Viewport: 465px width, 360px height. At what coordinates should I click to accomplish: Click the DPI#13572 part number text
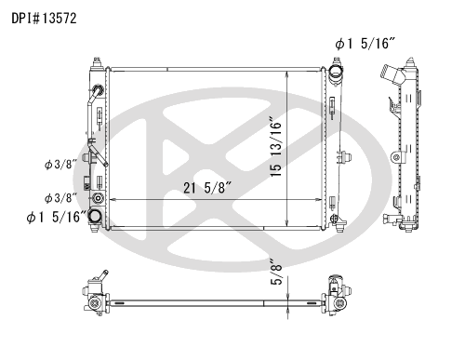[44, 19]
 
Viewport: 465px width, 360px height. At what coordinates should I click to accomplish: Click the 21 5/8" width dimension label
[207, 188]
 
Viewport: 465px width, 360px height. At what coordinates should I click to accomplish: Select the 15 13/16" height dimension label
[276, 147]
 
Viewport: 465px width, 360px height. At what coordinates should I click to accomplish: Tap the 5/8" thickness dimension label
[276, 272]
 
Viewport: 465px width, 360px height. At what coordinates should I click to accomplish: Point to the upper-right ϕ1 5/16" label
[365, 44]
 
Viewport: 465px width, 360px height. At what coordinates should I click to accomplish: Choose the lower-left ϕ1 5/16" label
[57, 217]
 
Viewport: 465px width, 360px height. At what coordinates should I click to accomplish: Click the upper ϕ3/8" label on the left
[60, 165]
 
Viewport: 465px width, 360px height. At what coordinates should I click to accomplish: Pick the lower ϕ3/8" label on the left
[60, 198]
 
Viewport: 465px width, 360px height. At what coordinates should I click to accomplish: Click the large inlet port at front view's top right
[336, 73]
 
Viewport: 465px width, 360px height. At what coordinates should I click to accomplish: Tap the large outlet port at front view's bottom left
[95, 216]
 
